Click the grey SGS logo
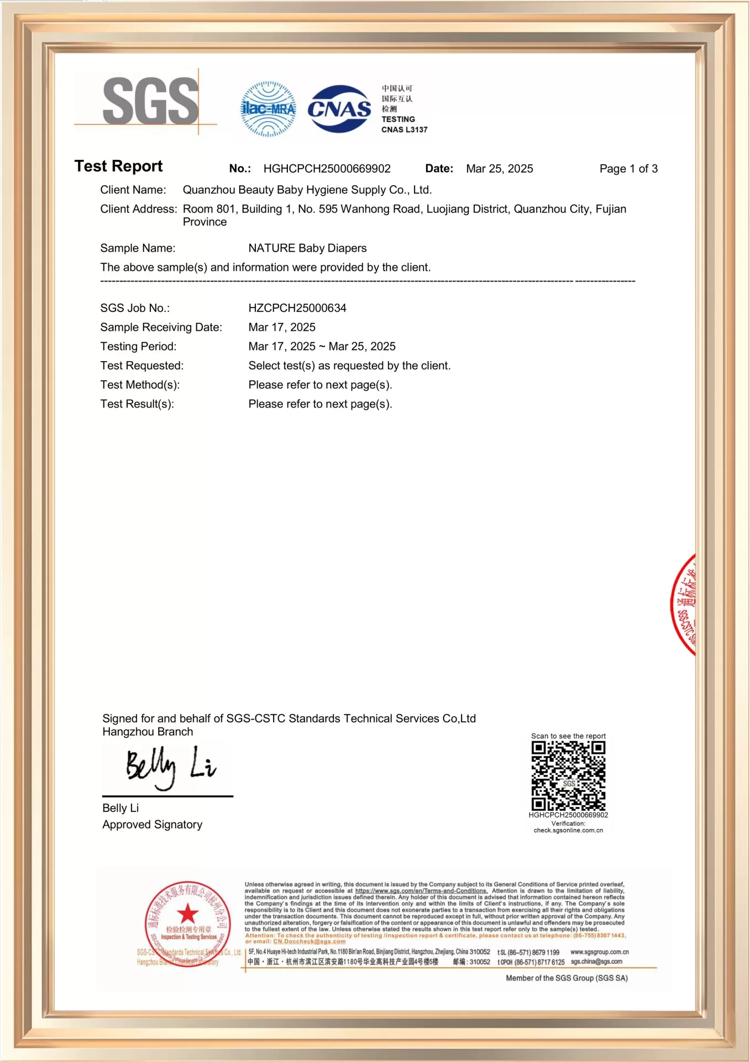click(150, 101)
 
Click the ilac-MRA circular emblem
click(269, 109)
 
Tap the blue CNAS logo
click(339, 109)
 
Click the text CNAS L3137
click(404, 130)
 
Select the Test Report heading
click(118, 166)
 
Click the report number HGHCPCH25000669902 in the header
click(327, 169)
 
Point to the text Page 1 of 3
click(628, 169)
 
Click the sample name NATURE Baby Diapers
click(307, 248)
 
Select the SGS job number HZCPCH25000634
click(297, 308)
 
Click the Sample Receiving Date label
click(161, 327)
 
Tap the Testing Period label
click(138, 347)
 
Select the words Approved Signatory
click(152, 825)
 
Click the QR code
click(568, 775)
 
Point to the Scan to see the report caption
click(568, 736)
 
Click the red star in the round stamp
click(187, 914)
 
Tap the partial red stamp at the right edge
click(684, 605)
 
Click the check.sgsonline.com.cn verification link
click(568, 830)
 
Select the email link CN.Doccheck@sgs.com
click(309, 941)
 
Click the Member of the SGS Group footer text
click(567, 978)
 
